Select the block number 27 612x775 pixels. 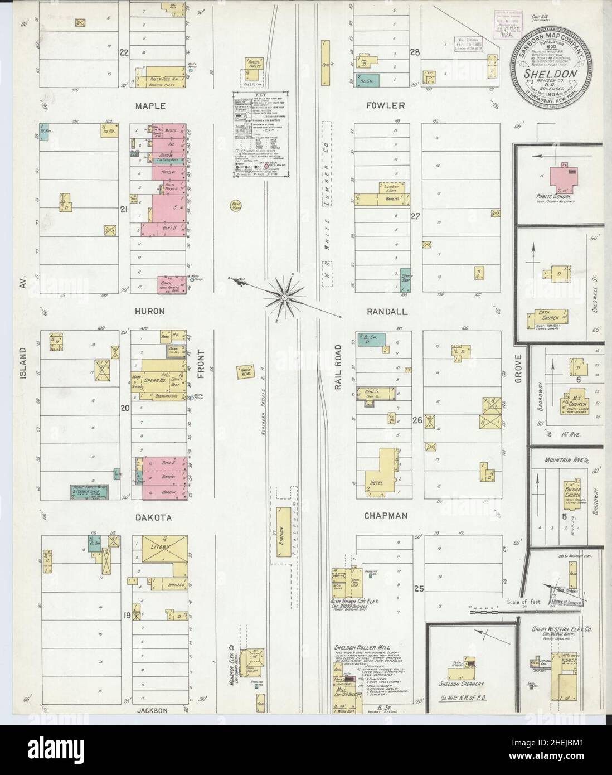pyautogui.click(x=415, y=215)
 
